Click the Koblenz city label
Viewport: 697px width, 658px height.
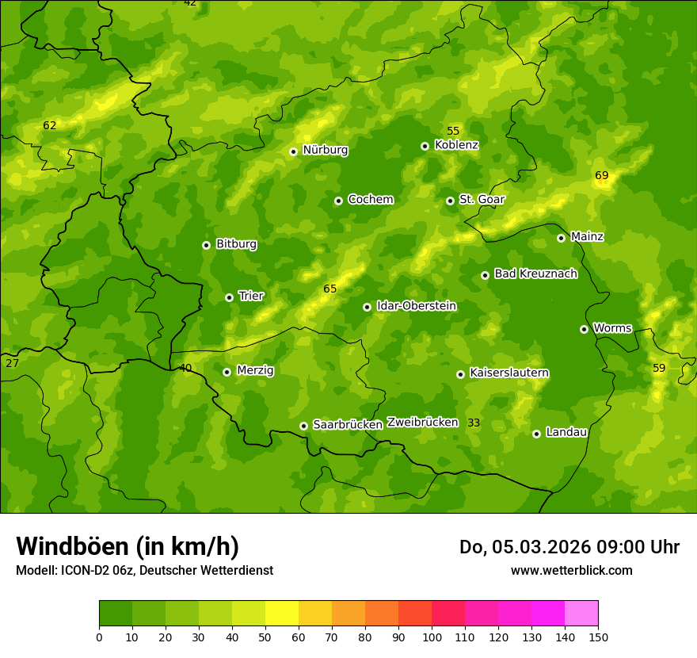click(456, 145)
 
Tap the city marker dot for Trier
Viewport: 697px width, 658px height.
click(229, 297)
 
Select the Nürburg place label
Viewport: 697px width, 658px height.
click(325, 150)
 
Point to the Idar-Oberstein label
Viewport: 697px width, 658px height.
click(416, 306)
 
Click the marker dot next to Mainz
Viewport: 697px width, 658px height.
click(561, 238)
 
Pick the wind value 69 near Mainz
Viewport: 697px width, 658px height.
click(601, 175)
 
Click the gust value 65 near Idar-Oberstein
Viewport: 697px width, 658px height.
click(329, 289)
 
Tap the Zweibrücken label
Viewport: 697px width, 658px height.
click(422, 422)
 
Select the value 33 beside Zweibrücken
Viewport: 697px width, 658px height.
click(473, 423)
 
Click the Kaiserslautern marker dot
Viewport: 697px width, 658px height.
click(460, 374)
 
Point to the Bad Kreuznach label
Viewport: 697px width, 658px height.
click(535, 274)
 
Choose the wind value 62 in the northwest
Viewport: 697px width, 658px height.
click(49, 125)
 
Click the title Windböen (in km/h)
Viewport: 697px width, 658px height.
click(127, 546)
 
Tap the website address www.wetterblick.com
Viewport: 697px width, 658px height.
click(571, 570)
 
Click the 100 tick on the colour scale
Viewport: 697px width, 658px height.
click(432, 637)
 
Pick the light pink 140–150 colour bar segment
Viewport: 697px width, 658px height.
click(581, 614)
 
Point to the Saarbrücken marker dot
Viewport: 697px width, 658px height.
click(303, 426)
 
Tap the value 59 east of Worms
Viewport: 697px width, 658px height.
click(659, 368)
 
